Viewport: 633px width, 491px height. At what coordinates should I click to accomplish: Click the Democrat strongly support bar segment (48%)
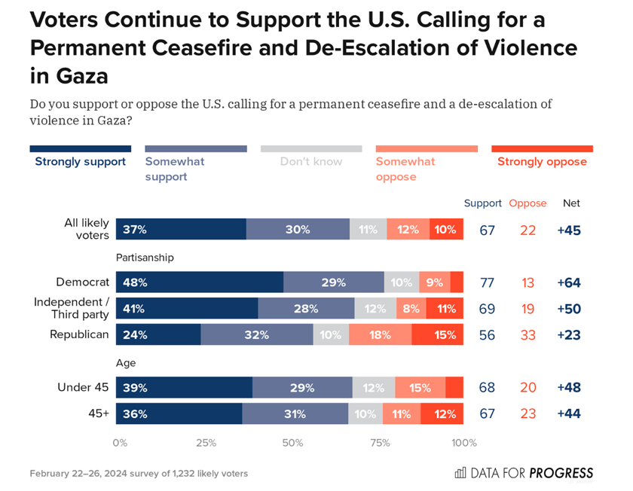pos(200,282)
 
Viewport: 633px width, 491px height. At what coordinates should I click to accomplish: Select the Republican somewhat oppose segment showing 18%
pos(380,335)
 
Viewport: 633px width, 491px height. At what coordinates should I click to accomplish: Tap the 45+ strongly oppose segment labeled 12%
pos(442,413)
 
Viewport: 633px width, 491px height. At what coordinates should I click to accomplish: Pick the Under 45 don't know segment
pos(373,388)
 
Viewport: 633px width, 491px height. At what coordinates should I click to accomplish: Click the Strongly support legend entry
pos(81,161)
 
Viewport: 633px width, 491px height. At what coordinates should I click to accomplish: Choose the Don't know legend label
pos(311,161)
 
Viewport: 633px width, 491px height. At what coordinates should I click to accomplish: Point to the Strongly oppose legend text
pos(542,161)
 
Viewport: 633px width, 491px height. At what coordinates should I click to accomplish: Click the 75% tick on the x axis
pos(379,443)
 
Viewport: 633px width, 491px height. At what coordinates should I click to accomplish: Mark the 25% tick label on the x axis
pos(206,443)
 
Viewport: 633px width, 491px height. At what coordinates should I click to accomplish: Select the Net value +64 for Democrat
pos(569,283)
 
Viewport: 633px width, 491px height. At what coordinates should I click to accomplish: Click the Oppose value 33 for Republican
pos(527,335)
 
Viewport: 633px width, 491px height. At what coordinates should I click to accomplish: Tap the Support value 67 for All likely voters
pos(487,230)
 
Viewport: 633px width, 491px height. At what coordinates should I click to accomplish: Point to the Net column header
pos(571,203)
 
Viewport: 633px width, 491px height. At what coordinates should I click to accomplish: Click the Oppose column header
pos(527,203)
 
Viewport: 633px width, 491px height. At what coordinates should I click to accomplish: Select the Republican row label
pos(79,334)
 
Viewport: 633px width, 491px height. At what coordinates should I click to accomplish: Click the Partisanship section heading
pos(145,258)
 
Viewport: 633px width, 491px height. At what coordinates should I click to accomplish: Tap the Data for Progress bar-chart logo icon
pos(460,473)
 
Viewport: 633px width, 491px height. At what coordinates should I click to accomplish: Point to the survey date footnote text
pos(139,474)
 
